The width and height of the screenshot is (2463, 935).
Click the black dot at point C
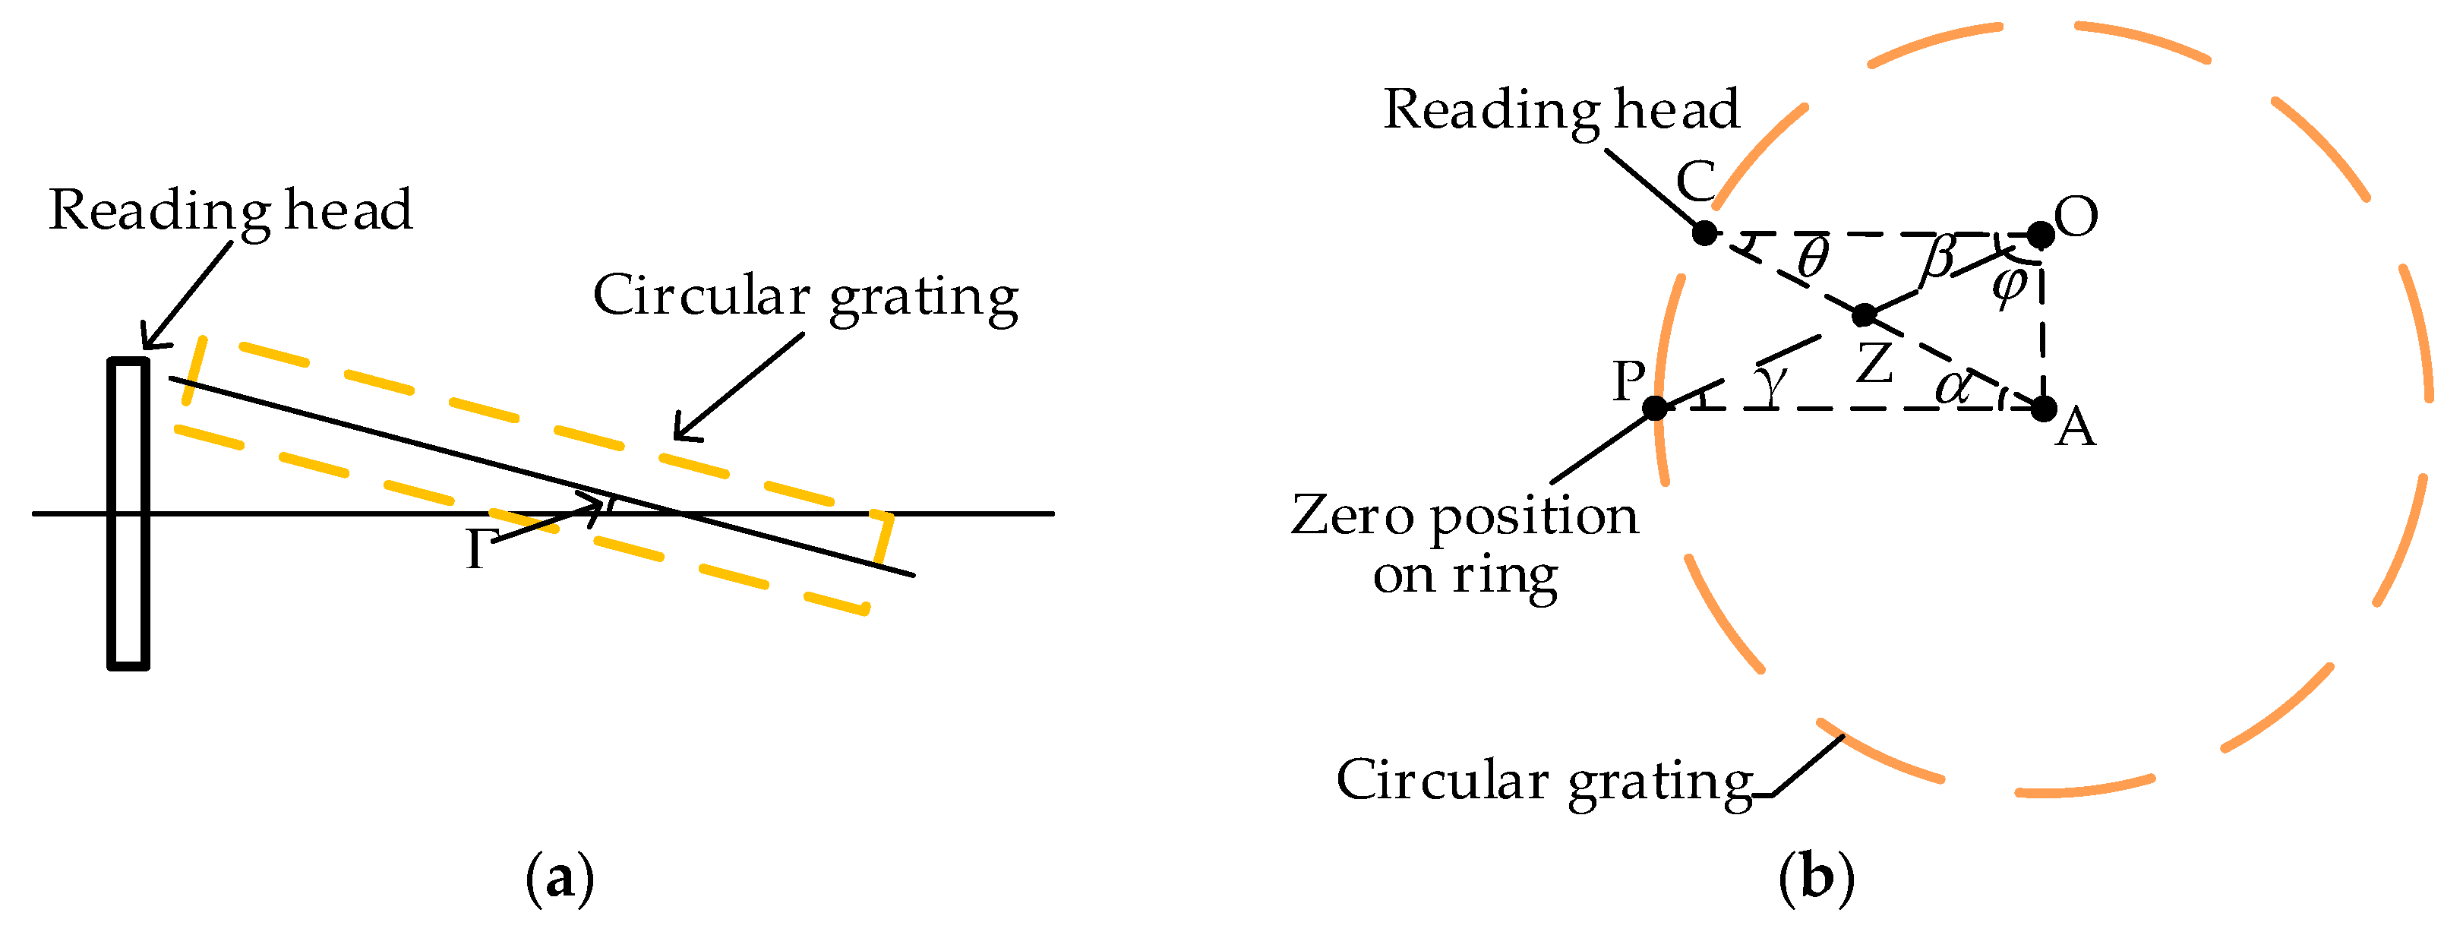pos(1704,232)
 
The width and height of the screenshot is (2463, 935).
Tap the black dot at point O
pos(2041,234)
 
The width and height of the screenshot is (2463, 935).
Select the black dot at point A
pos(2043,409)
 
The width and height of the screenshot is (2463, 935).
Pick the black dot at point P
pos(1655,408)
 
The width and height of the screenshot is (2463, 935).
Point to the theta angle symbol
pos(1812,256)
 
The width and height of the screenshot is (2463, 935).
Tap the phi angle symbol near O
pos(2010,285)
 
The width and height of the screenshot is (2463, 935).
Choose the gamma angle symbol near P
pos(1771,382)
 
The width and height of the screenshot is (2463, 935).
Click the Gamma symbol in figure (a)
pos(479,550)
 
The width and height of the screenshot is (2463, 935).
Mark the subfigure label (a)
pos(560,877)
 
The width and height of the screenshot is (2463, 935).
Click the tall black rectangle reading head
pos(128,513)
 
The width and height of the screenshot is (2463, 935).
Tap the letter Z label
pos(1874,363)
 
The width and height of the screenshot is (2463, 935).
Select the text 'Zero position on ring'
pos(1465,545)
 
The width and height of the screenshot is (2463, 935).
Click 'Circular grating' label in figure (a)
pos(805,295)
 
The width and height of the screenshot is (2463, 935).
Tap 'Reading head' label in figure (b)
pos(1561,110)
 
